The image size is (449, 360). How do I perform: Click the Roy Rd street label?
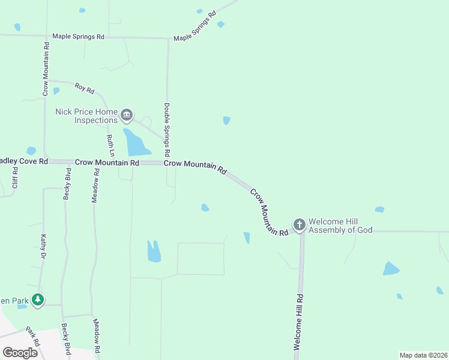(85, 88)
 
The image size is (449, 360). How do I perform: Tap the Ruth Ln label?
(110, 145)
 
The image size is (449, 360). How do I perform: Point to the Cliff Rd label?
(16, 178)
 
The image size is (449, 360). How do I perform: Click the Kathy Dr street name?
(43, 247)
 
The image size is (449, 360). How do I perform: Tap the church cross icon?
(299, 225)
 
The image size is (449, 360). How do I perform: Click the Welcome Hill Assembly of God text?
(340, 226)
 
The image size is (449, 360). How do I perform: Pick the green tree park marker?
(38, 299)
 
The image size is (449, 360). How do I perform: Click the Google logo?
(20, 353)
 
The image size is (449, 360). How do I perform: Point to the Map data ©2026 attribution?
(423, 355)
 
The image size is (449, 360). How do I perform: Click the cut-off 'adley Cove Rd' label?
(23, 162)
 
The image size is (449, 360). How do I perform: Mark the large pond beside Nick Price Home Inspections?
(136, 142)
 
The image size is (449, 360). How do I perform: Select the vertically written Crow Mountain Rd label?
(46, 68)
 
